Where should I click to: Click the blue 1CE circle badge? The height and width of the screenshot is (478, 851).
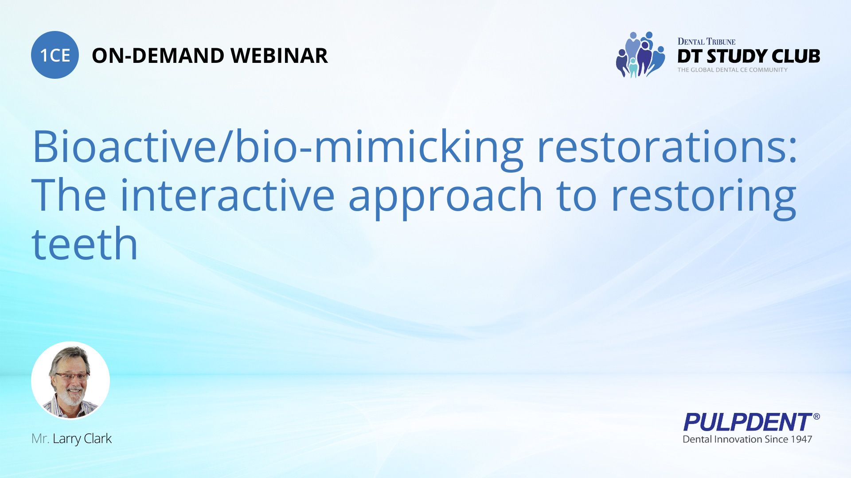pyautogui.click(x=55, y=55)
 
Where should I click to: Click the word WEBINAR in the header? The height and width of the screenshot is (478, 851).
pyautogui.click(x=279, y=56)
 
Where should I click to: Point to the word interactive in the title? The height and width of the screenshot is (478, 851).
pyautogui.click(x=227, y=196)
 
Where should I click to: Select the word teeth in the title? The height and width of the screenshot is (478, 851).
pyautogui.click(x=85, y=244)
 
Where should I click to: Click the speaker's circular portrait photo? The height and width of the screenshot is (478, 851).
pyautogui.click(x=70, y=380)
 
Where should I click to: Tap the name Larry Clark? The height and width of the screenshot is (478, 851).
pyautogui.click(x=82, y=439)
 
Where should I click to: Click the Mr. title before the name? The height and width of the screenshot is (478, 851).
pyautogui.click(x=40, y=439)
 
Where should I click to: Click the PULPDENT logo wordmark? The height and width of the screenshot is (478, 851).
pyautogui.click(x=747, y=422)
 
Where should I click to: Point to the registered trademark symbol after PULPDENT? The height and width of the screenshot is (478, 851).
pyautogui.click(x=816, y=416)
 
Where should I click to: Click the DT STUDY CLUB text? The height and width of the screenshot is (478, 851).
pyautogui.click(x=749, y=56)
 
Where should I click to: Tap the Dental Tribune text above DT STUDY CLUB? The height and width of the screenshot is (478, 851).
pyautogui.click(x=706, y=42)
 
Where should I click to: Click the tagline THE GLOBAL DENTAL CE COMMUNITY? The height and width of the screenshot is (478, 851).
pyautogui.click(x=732, y=70)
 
